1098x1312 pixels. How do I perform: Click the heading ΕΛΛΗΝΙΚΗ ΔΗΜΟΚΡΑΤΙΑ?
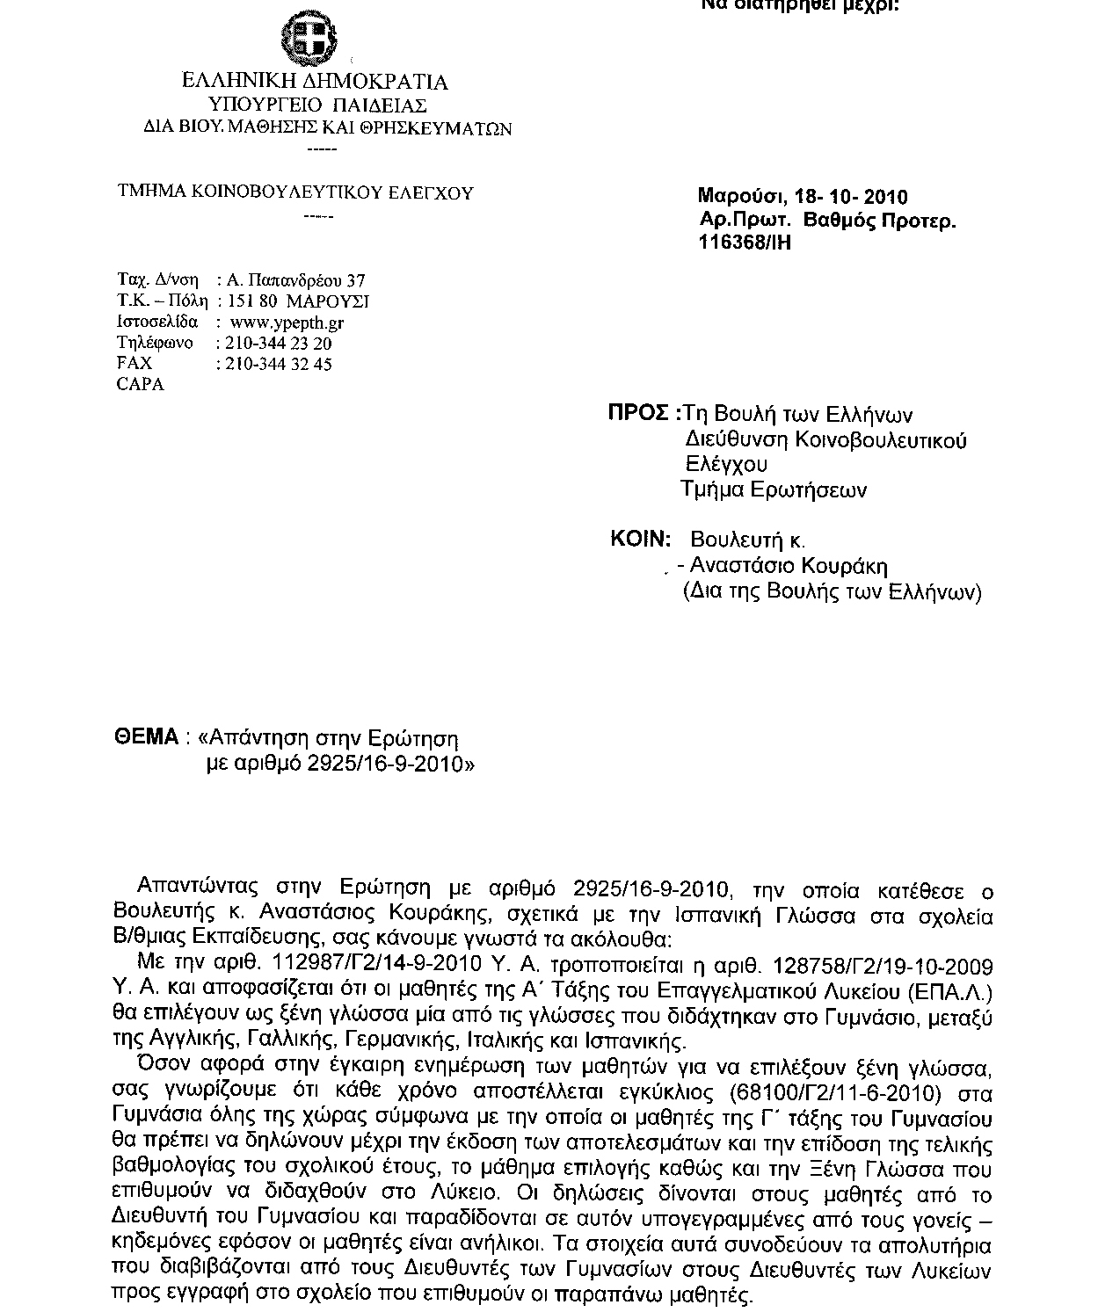click(x=314, y=83)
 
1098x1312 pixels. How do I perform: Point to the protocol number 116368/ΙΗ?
click(x=745, y=243)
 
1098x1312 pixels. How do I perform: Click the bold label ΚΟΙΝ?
click(x=641, y=539)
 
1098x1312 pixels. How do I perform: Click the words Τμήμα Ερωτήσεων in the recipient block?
click(x=774, y=489)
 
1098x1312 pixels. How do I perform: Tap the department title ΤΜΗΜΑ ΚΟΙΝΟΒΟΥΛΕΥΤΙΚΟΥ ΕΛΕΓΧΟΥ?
click(x=296, y=192)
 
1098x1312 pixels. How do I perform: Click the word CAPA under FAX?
click(x=140, y=385)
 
